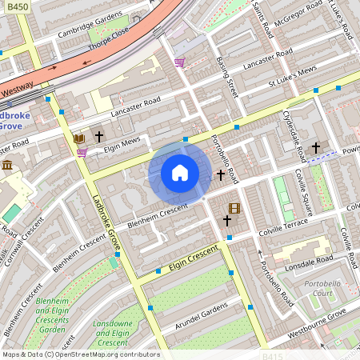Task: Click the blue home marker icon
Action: click(x=180, y=173)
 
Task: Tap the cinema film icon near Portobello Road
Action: click(x=234, y=209)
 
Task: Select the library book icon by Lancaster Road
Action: click(x=78, y=138)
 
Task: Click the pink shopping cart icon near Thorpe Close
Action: click(x=180, y=62)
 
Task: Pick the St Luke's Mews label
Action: click(x=293, y=76)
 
